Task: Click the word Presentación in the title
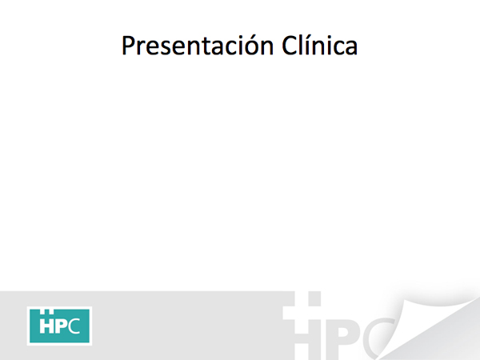pyautogui.click(x=198, y=46)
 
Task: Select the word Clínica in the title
pyautogui.click(x=319, y=46)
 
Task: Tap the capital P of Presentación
pyautogui.click(x=128, y=46)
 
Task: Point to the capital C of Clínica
pyautogui.click(x=289, y=46)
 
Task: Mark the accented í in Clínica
pyautogui.click(x=309, y=46)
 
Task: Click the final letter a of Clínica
pyautogui.click(x=351, y=48)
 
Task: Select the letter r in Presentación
pyautogui.click(x=142, y=48)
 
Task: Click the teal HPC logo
pyautogui.click(x=59, y=326)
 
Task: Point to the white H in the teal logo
pyautogui.click(x=46, y=326)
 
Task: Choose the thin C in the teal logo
pyautogui.click(x=74, y=326)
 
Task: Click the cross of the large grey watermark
pyautogui.click(x=302, y=312)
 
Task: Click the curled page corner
pyautogui.click(x=429, y=327)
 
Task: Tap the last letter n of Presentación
pyautogui.click(x=266, y=48)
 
